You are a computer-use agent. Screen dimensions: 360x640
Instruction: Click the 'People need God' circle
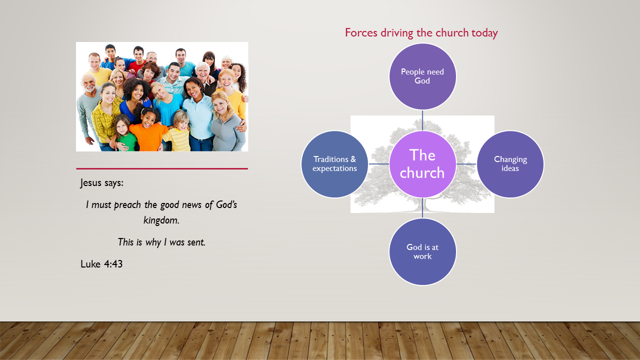(x=422, y=76)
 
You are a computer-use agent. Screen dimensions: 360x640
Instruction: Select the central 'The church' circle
(x=422, y=164)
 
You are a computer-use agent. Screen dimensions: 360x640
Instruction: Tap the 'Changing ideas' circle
(x=510, y=164)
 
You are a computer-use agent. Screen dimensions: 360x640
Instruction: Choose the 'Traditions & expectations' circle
(x=334, y=164)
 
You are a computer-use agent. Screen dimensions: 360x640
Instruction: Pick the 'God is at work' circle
(x=422, y=251)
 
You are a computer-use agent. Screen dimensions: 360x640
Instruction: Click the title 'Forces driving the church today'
(x=421, y=33)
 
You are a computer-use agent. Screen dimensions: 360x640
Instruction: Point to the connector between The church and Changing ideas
(x=466, y=164)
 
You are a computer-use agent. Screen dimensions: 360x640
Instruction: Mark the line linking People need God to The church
(x=422, y=120)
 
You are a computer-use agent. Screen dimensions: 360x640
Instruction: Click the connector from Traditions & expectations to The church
(x=378, y=164)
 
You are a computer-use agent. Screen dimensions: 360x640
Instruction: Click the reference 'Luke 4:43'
(x=101, y=264)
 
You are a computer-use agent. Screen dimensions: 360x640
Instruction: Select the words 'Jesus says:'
(x=102, y=183)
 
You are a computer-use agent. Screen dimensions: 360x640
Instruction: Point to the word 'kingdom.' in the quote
(x=161, y=220)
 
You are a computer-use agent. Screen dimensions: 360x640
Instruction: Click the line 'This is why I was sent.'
(x=161, y=242)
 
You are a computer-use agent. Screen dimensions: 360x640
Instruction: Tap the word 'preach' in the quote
(x=130, y=205)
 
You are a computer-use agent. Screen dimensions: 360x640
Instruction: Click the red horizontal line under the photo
(x=161, y=169)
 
